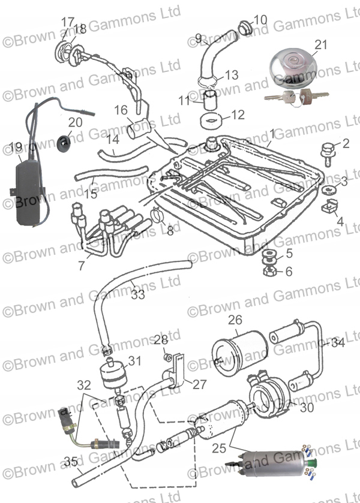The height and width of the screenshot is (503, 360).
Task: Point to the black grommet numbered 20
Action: click(63, 143)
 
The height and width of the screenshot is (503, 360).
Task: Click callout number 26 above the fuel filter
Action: click(236, 320)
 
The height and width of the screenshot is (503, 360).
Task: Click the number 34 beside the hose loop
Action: click(338, 343)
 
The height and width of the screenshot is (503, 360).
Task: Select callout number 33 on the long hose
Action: click(138, 294)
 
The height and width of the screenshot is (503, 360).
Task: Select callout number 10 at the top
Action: click(260, 20)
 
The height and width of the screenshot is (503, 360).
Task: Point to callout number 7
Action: click(81, 264)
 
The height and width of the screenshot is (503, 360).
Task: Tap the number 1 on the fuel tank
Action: click(272, 133)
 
